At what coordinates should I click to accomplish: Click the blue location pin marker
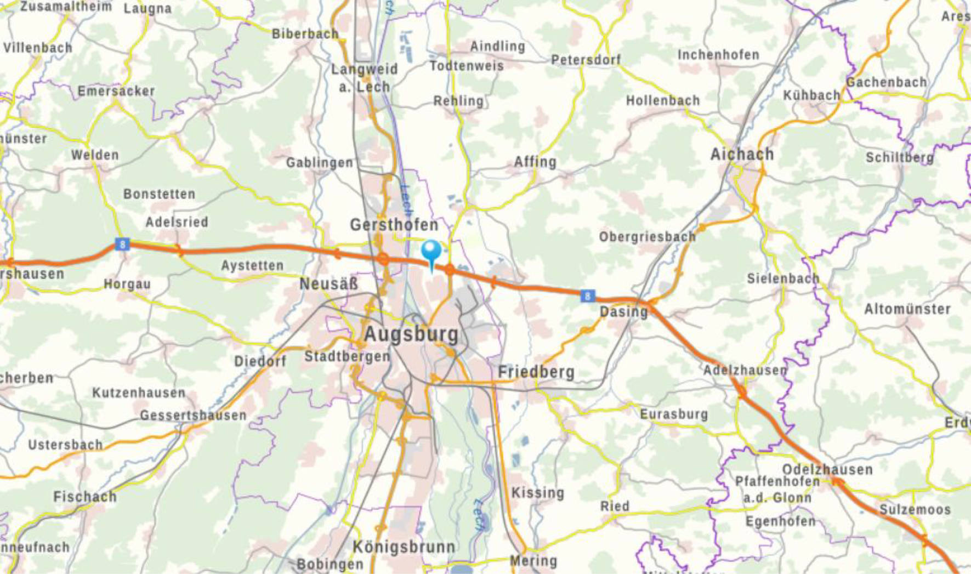(431, 253)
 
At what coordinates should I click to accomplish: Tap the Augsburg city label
(411, 334)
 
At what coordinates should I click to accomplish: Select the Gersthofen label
(394, 225)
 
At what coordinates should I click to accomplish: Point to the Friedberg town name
(536, 372)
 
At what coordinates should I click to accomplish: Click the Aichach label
(742, 155)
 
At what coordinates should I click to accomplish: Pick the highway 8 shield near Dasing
(587, 296)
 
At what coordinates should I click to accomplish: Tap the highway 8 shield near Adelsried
(122, 244)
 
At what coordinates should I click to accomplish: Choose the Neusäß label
(328, 284)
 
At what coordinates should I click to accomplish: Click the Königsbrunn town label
(404, 547)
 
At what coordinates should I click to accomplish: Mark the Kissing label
(537, 493)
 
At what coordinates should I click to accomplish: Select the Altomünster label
(907, 309)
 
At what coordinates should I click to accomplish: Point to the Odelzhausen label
(827, 470)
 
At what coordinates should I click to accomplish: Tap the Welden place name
(95, 155)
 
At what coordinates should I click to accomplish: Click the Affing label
(535, 162)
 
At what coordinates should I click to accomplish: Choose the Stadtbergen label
(347, 356)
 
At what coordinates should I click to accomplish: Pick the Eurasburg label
(674, 414)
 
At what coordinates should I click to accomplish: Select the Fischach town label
(85, 497)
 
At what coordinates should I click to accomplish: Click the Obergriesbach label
(647, 237)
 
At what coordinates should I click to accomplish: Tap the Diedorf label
(260, 361)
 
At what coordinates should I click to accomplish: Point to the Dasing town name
(623, 312)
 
